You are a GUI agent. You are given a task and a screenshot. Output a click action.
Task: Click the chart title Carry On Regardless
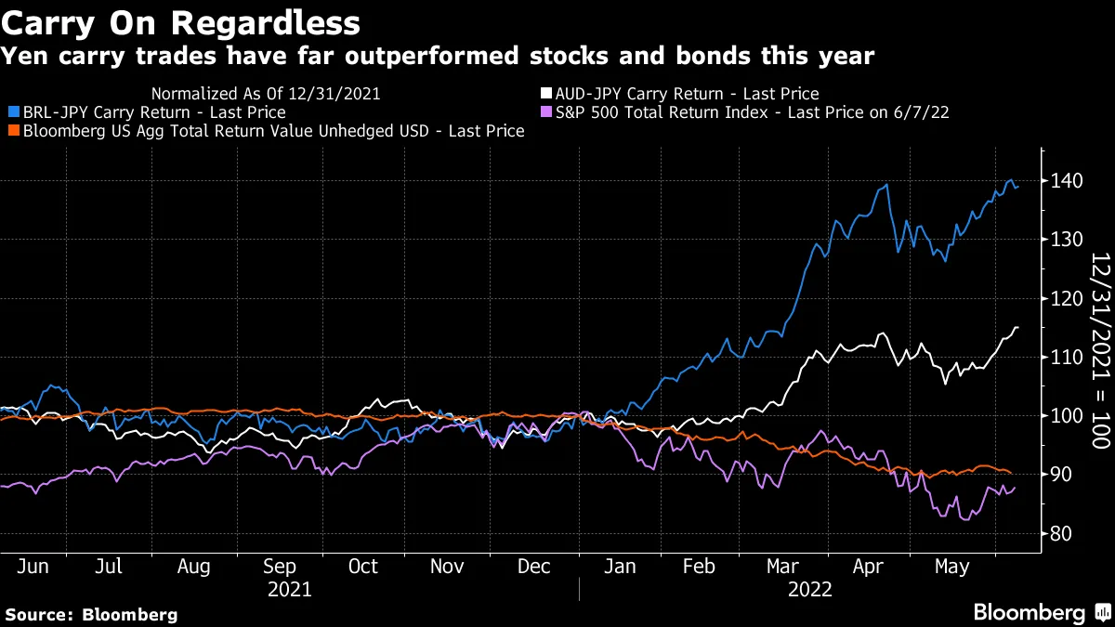click(x=182, y=22)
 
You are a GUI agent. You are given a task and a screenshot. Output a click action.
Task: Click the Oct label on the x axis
click(x=363, y=567)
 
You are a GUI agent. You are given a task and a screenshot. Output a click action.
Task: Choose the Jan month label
click(x=619, y=567)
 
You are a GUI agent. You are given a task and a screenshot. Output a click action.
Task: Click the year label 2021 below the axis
click(x=289, y=590)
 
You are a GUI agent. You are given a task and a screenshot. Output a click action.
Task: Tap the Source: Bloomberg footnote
click(x=91, y=614)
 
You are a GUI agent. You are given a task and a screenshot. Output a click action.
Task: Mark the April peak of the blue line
click(x=886, y=184)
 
